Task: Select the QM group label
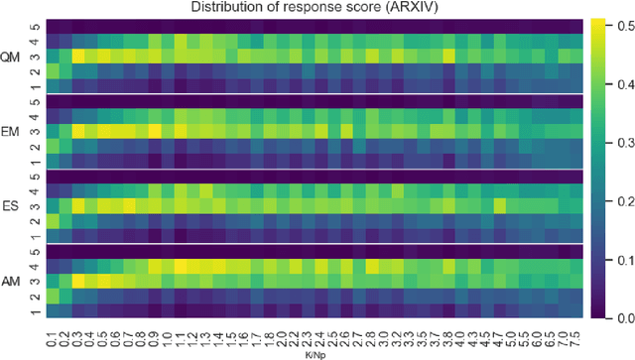click(x=11, y=57)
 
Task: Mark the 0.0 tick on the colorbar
click(x=621, y=318)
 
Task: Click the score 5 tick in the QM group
click(x=36, y=27)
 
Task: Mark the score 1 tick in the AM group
click(x=36, y=311)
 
